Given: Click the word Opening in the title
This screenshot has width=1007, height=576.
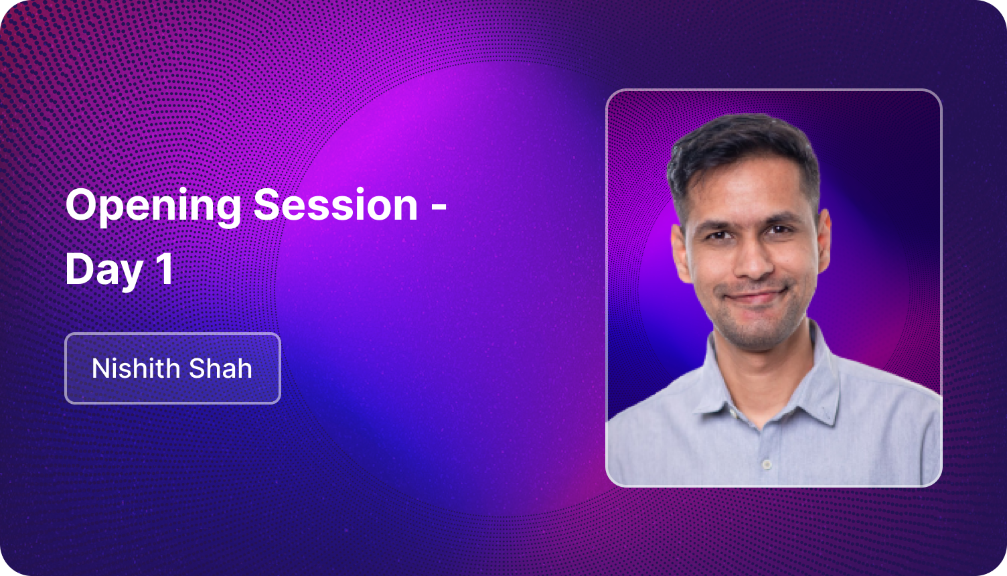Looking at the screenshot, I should [x=153, y=206].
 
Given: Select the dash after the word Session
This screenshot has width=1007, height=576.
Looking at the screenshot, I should [x=439, y=208].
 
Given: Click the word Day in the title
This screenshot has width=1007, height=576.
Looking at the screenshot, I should [x=104, y=269].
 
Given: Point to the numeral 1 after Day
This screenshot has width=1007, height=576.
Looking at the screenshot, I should [x=164, y=269].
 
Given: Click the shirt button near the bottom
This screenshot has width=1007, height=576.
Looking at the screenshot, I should [x=767, y=463].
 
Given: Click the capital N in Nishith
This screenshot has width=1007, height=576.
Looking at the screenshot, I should [x=100, y=368].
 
